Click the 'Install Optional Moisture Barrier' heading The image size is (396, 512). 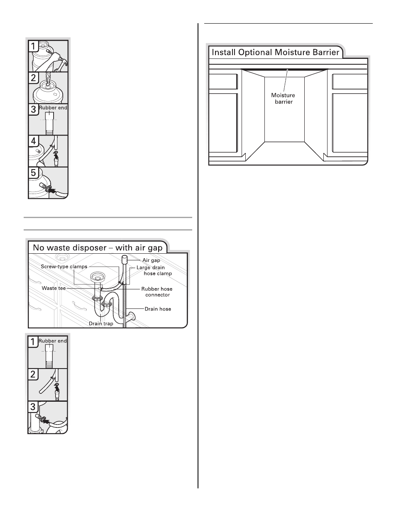pos(276,52)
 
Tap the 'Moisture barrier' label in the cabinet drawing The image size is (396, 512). pos(283,99)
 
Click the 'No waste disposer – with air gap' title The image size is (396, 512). pos(98,248)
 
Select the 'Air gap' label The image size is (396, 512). pos(151,260)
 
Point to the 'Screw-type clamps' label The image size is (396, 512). pos(64,267)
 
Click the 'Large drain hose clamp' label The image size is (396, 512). pos(154,270)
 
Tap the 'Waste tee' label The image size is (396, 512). pos(54,288)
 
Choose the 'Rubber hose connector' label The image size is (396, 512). pos(157,292)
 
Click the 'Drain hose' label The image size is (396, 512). pos(158,309)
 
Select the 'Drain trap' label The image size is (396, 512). pos(101,323)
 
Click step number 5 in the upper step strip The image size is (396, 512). pos(34,173)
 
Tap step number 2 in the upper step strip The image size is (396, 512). pos(34,78)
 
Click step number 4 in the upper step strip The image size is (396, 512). pos(34,141)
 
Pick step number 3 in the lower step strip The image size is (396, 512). pos(33,407)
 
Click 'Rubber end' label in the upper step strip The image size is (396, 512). pos(53,108)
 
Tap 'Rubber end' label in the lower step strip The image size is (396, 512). pos(53,341)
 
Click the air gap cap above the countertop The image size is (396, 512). pos(125,260)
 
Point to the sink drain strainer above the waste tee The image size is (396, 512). pos(96,276)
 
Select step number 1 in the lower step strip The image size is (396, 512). pos(33,342)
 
